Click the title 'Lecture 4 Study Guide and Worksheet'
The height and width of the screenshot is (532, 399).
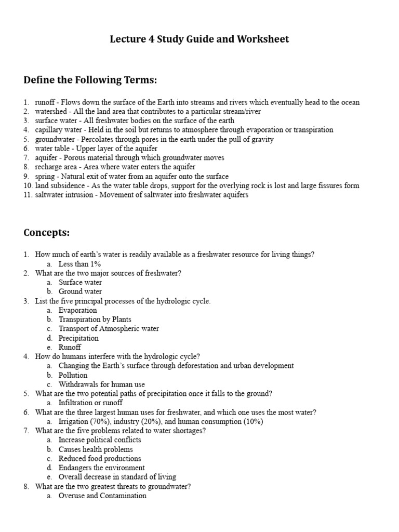point(199,39)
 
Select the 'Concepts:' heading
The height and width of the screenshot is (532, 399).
point(46,232)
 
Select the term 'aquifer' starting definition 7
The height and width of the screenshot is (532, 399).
point(46,157)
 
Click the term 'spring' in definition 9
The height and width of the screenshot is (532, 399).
point(44,176)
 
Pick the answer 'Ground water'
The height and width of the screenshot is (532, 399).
point(80,291)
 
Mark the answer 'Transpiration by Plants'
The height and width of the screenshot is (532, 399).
point(95,320)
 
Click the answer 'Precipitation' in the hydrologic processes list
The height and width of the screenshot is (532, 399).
point(78,338)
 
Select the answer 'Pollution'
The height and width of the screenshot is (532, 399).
point(73,375)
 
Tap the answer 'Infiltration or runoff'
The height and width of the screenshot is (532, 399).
point(90,403)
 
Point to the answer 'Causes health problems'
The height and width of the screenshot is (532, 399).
point(96,449)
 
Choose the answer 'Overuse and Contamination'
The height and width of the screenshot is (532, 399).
point(102,496)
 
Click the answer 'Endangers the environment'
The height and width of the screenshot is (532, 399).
point(101,468)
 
